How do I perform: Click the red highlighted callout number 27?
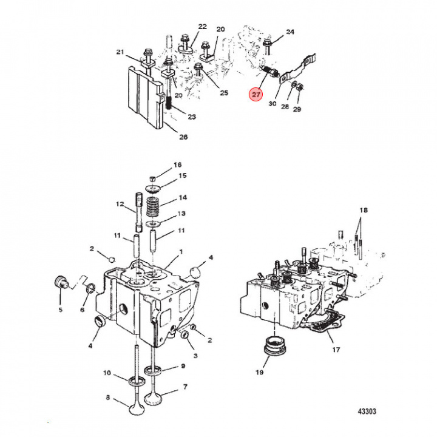tap(256, 95)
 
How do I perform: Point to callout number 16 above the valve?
tap(178, 165)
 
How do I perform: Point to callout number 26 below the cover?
tap(183, 137)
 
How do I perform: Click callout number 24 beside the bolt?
tap(290, 31)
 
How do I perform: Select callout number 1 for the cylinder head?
tap(180, 251)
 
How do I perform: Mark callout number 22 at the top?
tap(202, 27)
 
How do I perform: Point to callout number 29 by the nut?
tap(297, 109)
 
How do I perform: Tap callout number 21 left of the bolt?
tap(120, 52)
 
